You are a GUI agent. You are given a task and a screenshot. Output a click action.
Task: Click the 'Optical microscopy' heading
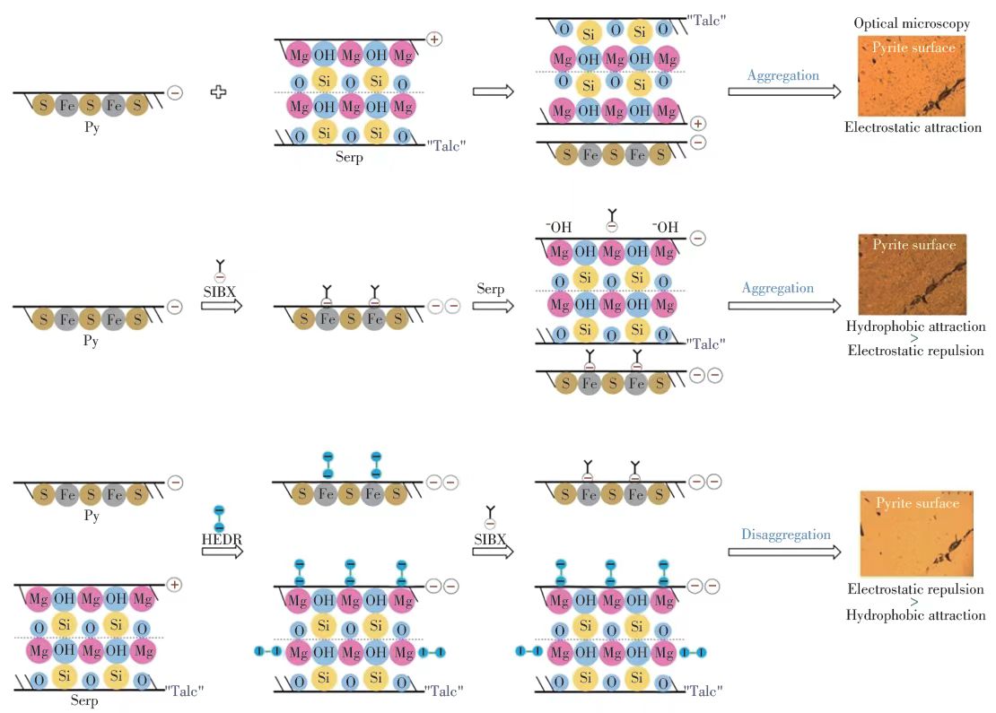click(911, 23)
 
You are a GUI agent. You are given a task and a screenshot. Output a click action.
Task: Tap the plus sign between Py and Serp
click(218, 92)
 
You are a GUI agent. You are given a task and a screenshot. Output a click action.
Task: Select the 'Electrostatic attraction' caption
click(913, 127)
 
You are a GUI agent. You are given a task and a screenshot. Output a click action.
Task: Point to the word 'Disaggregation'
click(786, 535)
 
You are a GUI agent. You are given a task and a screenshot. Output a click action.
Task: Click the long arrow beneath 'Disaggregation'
click(784, 551)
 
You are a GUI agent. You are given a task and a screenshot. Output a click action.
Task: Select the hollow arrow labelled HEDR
click(222, 551)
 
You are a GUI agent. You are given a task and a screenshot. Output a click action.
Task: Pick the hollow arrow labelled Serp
click(493, 306)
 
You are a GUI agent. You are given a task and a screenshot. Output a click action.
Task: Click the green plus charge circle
click(698, 124)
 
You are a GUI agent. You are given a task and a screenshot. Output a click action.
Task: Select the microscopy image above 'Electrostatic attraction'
click(912, 76)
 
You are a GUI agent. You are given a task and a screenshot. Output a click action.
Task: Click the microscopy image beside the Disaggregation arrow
click(916, 534)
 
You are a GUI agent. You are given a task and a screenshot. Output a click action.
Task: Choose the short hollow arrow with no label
click(493, 91)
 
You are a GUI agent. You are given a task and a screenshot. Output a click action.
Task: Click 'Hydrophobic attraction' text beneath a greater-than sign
click(915, 615)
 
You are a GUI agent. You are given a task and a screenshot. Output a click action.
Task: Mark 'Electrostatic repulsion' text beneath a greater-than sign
click(915, 351)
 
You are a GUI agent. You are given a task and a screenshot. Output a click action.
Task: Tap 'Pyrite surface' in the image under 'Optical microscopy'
click(913, 47)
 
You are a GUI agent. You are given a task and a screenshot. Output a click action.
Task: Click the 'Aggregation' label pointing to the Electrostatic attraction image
click(783, 75)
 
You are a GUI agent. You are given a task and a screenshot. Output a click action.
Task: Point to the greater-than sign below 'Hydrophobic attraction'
click(915, 339)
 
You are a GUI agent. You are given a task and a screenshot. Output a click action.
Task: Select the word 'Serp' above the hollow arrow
click(491, 291)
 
